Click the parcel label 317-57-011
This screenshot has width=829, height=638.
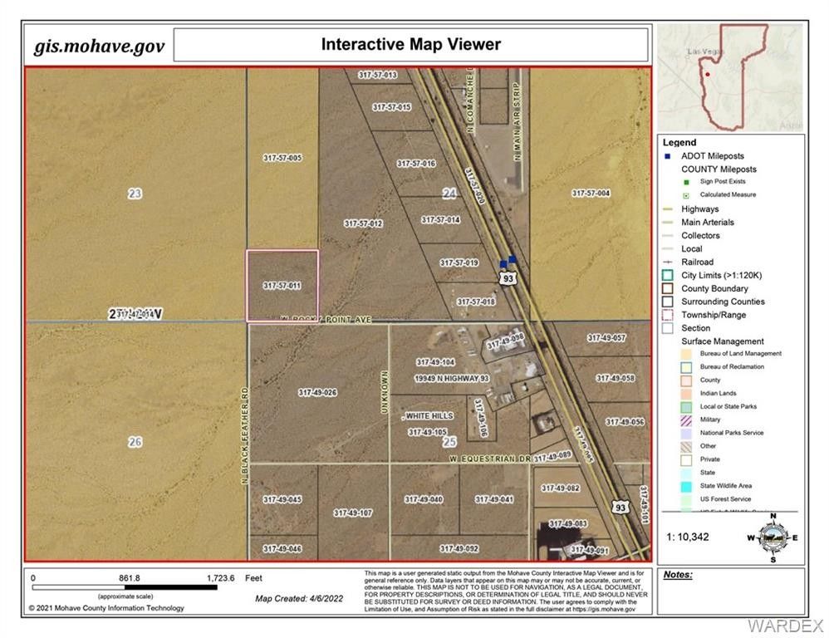(x=282, y=286)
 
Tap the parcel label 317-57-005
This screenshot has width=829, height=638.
(x=282, y=158)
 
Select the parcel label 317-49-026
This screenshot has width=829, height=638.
(x=317, y=392)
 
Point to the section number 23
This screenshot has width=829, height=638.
(x=135, y=194)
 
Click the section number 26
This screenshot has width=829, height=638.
(x=135, y=442)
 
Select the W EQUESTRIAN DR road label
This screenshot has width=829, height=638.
(x=489, y=459)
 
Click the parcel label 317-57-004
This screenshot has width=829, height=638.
(x=591, y=193)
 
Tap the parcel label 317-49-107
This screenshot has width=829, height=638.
(x=352, y=513)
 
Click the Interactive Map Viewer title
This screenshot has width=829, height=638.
(x=411, y=44)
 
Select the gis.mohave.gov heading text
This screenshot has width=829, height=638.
(x=99, y=45)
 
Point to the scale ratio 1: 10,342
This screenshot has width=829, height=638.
(x=688, y=537)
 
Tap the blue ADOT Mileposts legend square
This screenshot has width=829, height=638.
(x=667, y=156)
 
